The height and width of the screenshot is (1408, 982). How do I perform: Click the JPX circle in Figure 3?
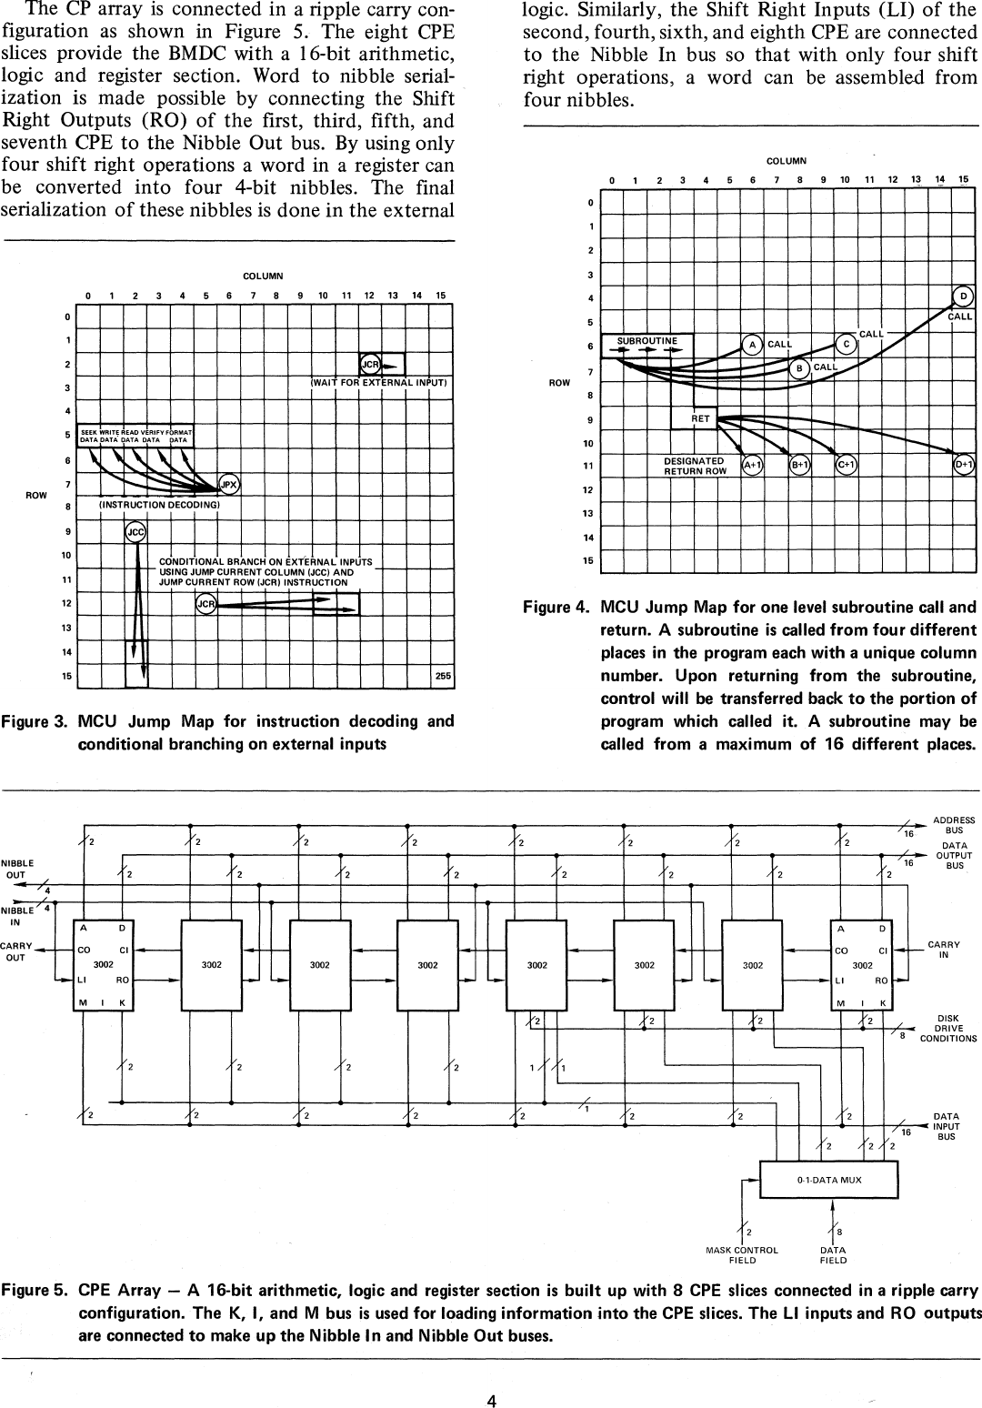tap(230, 485)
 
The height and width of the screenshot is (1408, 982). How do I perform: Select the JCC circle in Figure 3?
tap(135, 532)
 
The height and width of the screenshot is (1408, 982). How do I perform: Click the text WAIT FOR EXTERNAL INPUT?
tap(380, 383)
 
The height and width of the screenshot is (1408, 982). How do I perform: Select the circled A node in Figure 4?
tap(752, 345)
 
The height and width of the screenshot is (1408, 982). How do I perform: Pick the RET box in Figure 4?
tap(700, 418)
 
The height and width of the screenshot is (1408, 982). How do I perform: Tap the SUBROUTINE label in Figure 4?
tap(647, 341)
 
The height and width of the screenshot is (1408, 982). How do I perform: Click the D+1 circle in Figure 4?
tap(964, 466)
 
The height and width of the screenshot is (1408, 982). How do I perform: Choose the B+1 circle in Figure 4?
tap(800, 466)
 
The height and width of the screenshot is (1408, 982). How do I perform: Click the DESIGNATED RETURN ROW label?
tap(695, 467)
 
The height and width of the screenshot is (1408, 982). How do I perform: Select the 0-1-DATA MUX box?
tap(828, 1180)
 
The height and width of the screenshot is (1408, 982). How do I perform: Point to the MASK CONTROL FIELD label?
tap(742, 1255)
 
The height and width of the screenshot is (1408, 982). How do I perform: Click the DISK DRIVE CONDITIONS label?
tap(947, 1028)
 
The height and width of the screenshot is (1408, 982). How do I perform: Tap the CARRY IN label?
tap(944, 950)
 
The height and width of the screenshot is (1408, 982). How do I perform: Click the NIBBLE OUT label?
tap(17, 869)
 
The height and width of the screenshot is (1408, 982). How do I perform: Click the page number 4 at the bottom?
tap(491, 1375)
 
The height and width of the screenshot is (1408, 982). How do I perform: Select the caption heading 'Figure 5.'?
tap(35, 1291)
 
